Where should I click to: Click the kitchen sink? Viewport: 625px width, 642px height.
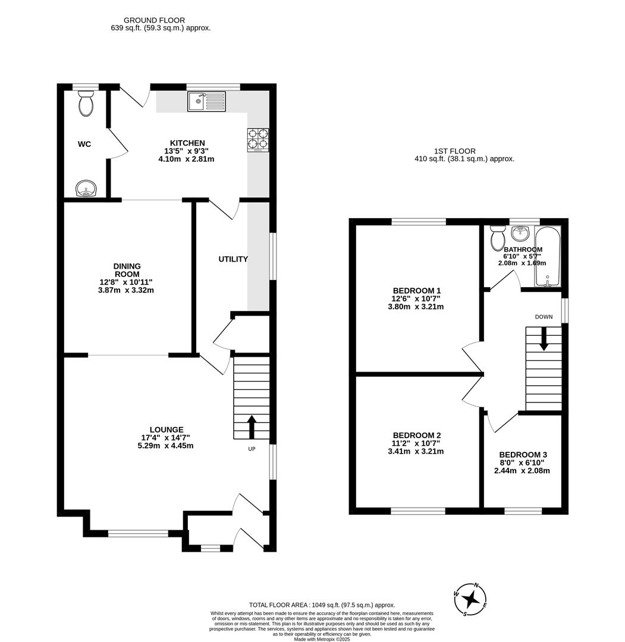(206, 102)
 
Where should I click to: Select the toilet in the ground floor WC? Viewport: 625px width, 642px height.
(86, 104)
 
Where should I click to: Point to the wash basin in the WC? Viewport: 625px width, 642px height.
(86, 190)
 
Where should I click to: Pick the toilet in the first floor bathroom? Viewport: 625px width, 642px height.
(497, 239)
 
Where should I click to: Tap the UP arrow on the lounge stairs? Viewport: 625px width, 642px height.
(252, 426)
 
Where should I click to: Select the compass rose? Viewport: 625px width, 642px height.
(470, 599)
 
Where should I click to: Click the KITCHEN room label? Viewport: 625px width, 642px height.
(187, 143)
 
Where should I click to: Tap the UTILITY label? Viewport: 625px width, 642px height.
(233, 259)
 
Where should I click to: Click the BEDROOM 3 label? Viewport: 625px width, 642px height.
(523, 455)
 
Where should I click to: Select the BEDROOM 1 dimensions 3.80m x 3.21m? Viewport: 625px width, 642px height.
(416, 307)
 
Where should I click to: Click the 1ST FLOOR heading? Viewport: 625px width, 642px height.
(455, 152)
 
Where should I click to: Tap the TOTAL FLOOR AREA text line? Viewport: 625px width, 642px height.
(322, 605)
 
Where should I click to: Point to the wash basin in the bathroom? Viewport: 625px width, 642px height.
(519, 231)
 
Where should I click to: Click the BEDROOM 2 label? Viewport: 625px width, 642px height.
(416, 435)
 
